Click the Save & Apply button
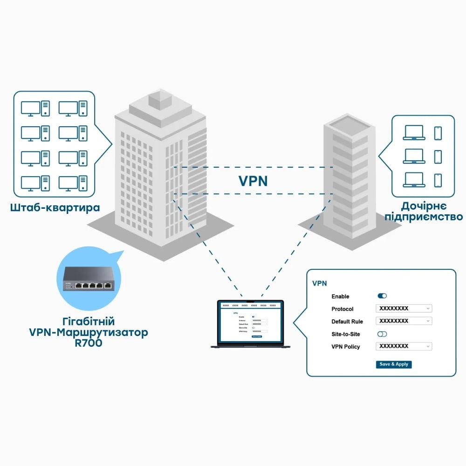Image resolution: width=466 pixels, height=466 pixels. point(394,364)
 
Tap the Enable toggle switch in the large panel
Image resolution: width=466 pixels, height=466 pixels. point(382,296)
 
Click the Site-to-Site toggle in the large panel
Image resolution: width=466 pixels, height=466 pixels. point(382,334)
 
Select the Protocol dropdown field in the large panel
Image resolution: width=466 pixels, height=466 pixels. point(404,308)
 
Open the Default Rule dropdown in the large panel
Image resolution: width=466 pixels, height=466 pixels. point(404,321)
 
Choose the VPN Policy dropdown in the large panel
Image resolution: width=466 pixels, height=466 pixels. point(404,346)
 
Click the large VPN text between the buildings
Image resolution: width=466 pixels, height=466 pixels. point(253,181)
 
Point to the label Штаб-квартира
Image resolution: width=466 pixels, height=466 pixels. point(55,207)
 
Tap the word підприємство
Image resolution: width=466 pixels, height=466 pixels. point(424,217)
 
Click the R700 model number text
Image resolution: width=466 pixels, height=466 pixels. point(88,343)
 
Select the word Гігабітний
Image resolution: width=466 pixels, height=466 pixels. point(88,322)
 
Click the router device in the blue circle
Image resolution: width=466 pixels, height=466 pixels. point(87,280)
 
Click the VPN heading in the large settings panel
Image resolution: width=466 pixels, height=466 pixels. point(320,283)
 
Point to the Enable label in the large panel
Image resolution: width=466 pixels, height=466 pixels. point(340,296)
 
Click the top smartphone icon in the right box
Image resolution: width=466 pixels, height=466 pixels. point(438,133)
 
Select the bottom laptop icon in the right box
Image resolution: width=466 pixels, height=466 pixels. point(413,180)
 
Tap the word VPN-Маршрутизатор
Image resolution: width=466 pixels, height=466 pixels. point(88,333)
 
